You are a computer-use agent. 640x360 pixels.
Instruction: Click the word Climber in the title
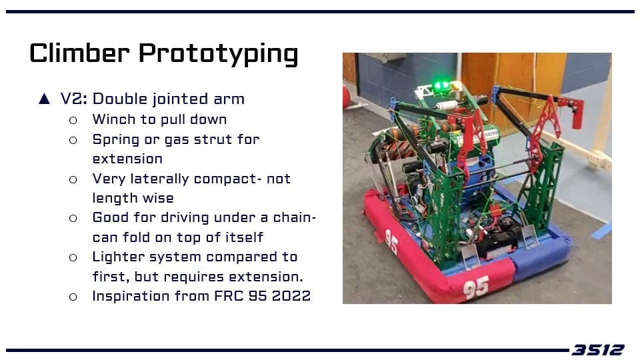pos(79,53)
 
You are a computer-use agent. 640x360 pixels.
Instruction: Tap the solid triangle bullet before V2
pos(44,99)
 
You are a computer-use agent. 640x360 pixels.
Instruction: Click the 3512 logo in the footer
pos(597,350)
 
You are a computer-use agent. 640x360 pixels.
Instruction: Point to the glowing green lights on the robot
pos(441,86)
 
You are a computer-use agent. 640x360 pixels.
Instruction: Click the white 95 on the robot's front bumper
pos(476,287)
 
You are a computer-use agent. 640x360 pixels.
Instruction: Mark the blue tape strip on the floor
pos(601,230)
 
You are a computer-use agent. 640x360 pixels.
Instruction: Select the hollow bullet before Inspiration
pos(73,297)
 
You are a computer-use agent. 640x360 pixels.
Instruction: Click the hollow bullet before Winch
pos(73,120)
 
